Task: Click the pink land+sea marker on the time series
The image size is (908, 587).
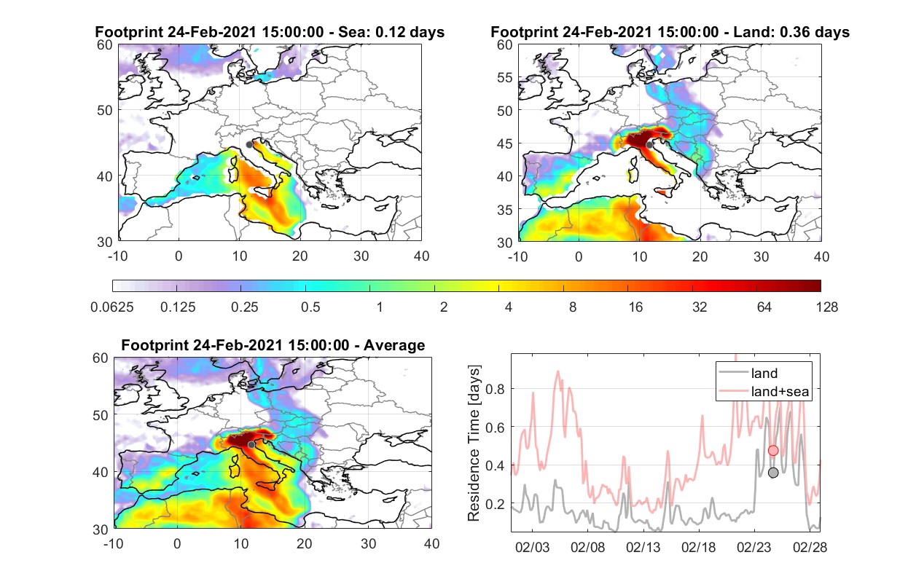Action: point(773,451)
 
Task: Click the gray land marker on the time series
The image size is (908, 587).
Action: point(773,473)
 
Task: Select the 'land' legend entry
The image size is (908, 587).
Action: point(764,373)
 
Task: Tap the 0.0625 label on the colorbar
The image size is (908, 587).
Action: point(112,307)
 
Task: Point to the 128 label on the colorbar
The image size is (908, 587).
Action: point(826,307)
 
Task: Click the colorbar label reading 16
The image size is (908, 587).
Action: point(635,307)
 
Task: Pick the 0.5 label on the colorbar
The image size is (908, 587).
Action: point(310,307)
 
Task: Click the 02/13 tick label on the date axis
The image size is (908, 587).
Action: point(643,547)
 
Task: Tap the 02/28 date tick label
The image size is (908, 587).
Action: point(810,547)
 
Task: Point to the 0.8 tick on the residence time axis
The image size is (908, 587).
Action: point(495,389)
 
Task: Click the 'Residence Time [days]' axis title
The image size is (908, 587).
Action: point(474,444)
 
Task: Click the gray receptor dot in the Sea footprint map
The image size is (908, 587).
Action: point(249,145)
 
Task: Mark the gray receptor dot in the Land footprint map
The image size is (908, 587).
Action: point(649,145)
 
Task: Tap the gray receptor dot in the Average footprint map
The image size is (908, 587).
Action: point(251,445)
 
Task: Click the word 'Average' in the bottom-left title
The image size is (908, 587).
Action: point(394,345)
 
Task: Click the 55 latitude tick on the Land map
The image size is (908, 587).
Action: point(505,77)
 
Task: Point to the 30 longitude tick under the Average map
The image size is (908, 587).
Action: point(368,543)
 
